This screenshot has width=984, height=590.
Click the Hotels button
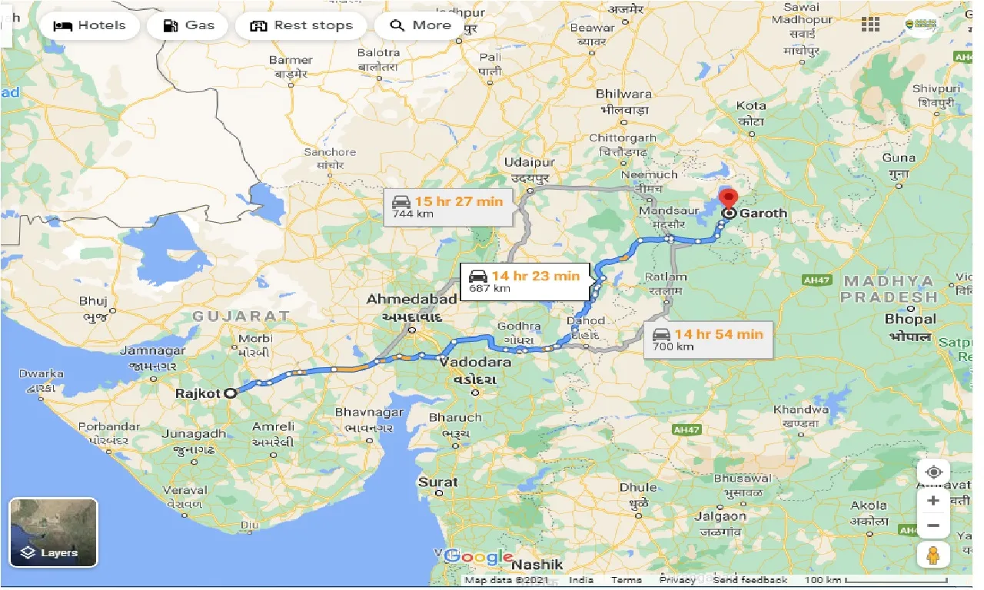pyautogui.click(x=89, y=25)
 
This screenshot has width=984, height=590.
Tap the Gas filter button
pyautogui.click(x=188, y=25)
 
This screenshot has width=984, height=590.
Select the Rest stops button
pyautogui.click(x=301, y=25)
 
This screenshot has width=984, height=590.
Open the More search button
pyautogui.click(x=420, y=25)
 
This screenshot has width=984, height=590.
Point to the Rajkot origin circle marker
pyautogui.click(x=230, y=393)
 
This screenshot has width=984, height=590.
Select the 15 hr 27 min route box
pyautogui.click(x=448, y=207)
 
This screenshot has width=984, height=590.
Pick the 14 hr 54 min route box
pyautogui.click(x=709, y=339)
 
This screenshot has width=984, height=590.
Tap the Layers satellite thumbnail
pyautogui.click(x=54, y=532)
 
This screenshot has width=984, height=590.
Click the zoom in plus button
pyautogui.click(x=933, y=501)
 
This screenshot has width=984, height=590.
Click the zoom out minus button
pyautogui.click(x=933, y=525)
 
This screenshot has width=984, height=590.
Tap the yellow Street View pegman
pyautogui.click(x=933, y=554)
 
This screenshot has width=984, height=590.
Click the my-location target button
pyautogui.click(x=933, y=472)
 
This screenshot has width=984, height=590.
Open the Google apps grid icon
pyautogui.click(x=870, y=25)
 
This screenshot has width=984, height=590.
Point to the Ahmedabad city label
pyautogui.click(x=411, y=298)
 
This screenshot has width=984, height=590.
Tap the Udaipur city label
pyautogui.click(x=530, y=163)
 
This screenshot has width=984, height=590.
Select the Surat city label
pyautogui.click(x=437, y=482)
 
